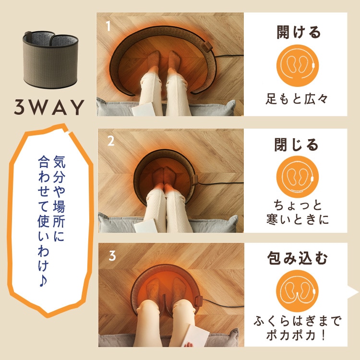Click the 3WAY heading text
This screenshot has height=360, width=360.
point(49,107)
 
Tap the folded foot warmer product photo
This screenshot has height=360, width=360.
point(50,60)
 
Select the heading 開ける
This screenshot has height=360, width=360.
point(299,32)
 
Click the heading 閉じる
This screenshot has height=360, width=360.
point(297,144)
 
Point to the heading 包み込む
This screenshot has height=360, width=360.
point(298,258)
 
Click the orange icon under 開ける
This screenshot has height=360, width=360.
point(298,66)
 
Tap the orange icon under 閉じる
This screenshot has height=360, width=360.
point(298,177)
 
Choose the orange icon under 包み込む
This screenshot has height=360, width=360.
point(298,291)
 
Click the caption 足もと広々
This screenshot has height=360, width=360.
point(297,99)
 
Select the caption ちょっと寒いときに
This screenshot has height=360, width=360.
point(298,212)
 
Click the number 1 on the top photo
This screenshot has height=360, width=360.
point(108,26)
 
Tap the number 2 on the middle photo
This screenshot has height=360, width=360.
point(111,141)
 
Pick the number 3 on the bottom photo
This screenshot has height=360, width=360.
point(112,255)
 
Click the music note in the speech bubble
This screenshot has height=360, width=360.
point(43,281)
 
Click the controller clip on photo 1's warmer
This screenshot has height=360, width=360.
point(208,46)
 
